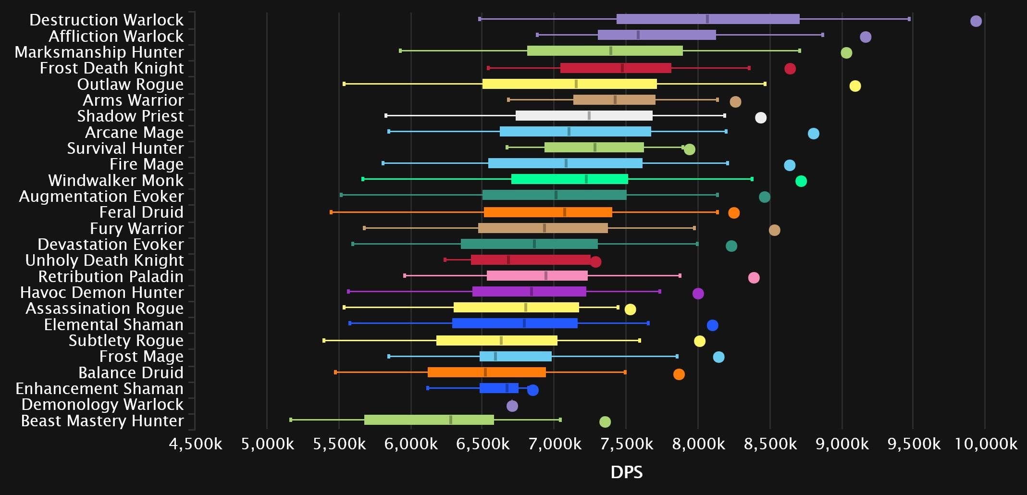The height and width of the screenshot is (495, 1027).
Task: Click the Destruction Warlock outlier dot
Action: tap(976, 21)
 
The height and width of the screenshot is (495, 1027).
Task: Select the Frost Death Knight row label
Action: tap(111, 68)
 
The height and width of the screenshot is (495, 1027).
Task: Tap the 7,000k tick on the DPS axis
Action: tap(555, 444)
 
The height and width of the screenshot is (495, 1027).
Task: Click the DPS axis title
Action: tap(626, 472)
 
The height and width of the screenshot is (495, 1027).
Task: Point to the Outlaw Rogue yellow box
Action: tap(569, 84)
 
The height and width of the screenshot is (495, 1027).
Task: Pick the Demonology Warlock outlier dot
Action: tap(512, 406)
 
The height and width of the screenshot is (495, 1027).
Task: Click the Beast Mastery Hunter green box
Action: tap(429, 420)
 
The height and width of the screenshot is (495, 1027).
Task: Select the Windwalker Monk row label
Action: tap(116, 181)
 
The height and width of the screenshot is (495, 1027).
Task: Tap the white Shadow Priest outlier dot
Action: tap(761, 118)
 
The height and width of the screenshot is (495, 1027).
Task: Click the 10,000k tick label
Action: tap(986, 444)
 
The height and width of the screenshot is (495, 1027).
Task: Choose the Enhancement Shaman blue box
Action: tap(499, 388)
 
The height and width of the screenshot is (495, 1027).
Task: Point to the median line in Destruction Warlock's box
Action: tap(707, 19)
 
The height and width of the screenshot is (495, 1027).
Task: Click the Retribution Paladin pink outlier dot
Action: tap(754, 278)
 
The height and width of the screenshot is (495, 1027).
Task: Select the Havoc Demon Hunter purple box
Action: tap(529, 292)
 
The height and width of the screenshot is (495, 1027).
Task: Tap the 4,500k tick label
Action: tap(196, 444)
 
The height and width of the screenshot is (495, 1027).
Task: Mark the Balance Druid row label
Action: tap(131, 373)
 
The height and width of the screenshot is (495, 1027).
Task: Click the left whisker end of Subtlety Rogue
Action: tap(324, 341)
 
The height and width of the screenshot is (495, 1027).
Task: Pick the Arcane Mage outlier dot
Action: tap(813, 134)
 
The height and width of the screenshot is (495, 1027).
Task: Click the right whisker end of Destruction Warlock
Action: tap(909, 19)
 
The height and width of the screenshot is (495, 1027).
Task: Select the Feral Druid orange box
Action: tap(548, 212)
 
